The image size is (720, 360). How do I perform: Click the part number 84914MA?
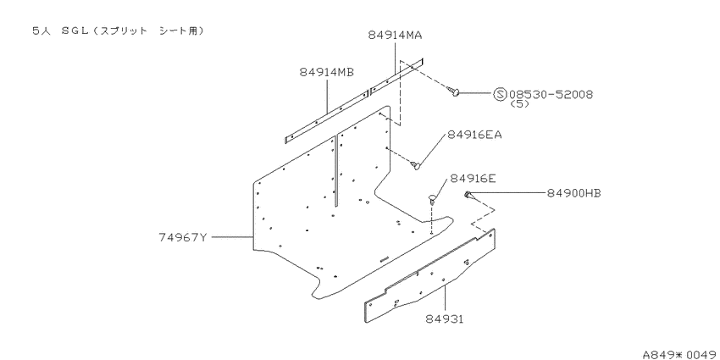click(395, 35)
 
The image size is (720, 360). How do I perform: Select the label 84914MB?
click(327, 72)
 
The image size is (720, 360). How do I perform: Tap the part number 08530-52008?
click(551, 95)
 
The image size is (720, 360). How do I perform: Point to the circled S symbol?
click(500, 95)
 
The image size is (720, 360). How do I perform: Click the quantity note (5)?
click(519, 104)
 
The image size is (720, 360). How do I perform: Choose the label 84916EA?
click(475, 135)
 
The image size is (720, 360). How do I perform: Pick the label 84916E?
click(473, 179)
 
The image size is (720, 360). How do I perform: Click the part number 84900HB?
click(574, 193)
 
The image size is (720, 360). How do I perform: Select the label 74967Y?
click(183, 237)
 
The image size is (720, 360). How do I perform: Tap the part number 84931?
click(444, 318)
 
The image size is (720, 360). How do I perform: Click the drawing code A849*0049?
click(680, 354)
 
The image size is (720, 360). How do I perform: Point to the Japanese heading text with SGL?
click(118, 30)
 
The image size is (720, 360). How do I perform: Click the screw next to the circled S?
click(453, 91)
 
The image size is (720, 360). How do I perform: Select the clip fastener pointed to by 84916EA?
click(415, 164)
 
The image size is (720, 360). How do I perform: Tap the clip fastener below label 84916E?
click(432, 198)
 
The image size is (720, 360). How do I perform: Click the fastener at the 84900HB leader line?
click(468, 195)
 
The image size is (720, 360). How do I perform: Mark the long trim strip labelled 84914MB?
click(327, 117)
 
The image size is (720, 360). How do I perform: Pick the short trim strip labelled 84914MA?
click(396, 76)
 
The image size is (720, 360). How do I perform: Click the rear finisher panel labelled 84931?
click(430, 275)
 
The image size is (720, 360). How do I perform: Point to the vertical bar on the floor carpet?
click(336, 169)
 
